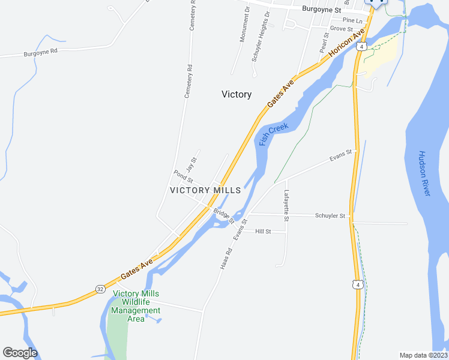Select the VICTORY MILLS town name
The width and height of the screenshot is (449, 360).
[205, 190]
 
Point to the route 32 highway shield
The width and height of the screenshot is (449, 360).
[100, 289]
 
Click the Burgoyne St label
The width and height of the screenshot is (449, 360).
[321, 10]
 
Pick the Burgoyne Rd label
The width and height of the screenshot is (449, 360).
[40, 53]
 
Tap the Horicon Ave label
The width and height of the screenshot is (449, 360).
[346, 42]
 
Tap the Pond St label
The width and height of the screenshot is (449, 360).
[183, 176]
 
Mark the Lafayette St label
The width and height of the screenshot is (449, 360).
[286, 206]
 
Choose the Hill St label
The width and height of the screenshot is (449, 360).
[264, 231]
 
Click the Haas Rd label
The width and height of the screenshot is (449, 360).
[226, 259]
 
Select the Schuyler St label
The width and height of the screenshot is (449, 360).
[330, 215]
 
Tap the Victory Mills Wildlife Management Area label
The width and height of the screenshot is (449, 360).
[136, 306]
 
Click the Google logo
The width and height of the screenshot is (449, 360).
[20, 353]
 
